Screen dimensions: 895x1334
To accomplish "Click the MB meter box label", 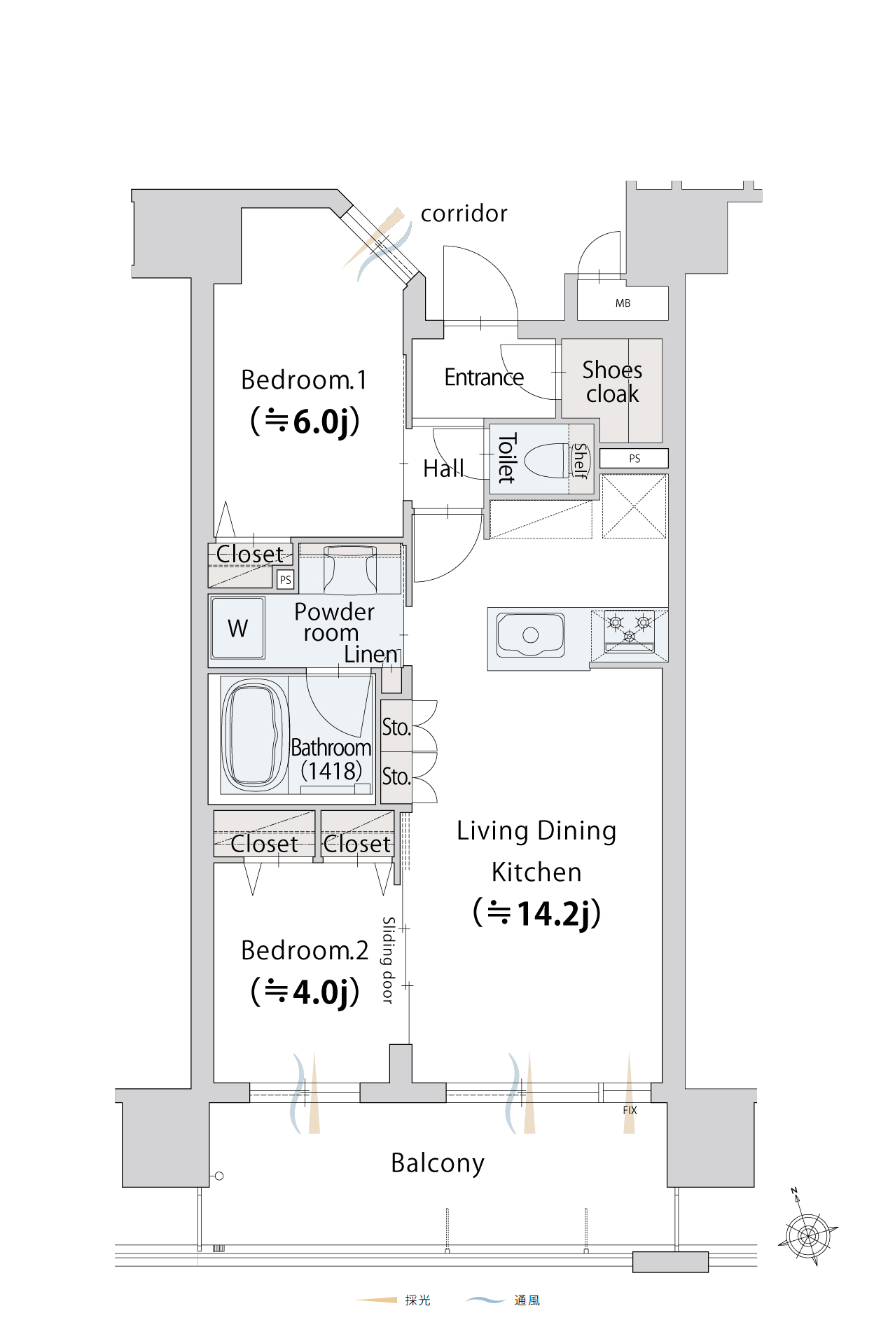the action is tap(623, 303).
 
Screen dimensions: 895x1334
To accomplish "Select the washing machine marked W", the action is tap(238, 627).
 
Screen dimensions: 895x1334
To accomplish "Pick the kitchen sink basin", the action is tap(530, 634).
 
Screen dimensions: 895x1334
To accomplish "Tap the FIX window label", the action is tap(630, 1110).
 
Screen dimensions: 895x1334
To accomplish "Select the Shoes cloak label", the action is tap(612, 382).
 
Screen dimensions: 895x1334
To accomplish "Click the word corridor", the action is tap(464, 214).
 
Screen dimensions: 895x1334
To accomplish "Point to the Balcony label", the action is tap(438, 1163).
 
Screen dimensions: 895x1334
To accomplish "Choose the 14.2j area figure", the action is tap(538, 913).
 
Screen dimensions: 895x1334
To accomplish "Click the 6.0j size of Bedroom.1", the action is tap(305, 421).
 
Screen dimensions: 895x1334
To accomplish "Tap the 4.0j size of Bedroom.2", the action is tap(305, 992).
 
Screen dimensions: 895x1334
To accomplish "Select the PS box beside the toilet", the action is tap(634, 458).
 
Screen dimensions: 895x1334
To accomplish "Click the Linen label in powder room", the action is tap(371, 654).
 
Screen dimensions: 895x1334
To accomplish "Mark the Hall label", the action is tap(443, 468).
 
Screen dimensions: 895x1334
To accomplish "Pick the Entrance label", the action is tap(484, 377).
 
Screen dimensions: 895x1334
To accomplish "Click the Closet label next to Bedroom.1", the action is tap(250, 554).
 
